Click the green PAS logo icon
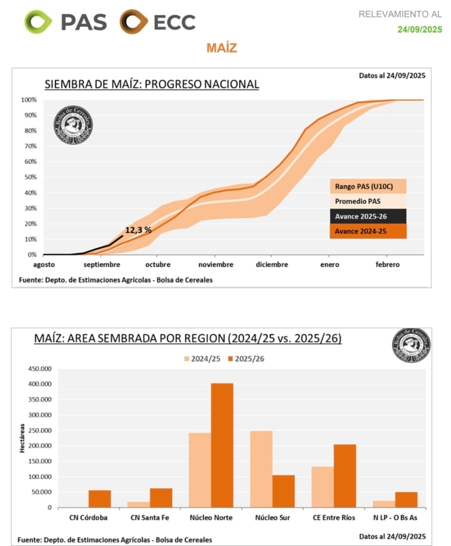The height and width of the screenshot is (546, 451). point(38,22)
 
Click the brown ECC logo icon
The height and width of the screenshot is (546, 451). point(133,22)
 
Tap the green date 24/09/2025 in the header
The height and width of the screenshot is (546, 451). point(420,29)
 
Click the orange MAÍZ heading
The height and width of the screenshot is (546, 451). point(221,48)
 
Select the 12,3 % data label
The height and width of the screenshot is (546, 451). point(138,230)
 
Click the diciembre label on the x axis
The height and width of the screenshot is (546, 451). point(272,265)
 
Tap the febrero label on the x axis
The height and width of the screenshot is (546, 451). point(388,265)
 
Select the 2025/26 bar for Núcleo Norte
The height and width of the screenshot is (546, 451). point(222,445)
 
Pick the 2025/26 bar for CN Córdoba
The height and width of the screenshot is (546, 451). point(100,499)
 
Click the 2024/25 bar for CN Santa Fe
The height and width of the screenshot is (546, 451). point(139,505)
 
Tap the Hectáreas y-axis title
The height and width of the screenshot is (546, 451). point(22,438)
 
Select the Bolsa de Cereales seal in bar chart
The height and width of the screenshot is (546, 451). point(411,345)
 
